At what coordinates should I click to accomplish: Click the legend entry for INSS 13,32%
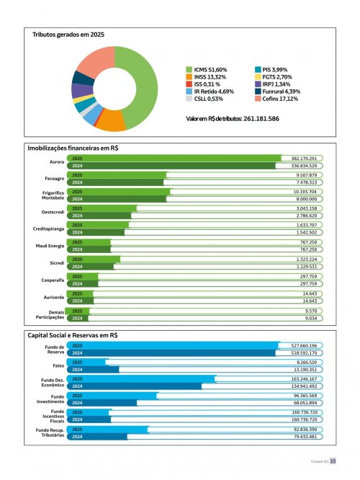(x=209, y=76)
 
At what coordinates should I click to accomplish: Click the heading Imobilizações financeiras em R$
(x=73, y=148)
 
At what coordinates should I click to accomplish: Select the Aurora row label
(x=56, y=161)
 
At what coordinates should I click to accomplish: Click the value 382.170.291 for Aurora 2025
(x=303, y=158)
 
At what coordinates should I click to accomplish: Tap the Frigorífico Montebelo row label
(x=50, y=195)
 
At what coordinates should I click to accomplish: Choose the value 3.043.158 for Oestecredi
(x=306, y=208)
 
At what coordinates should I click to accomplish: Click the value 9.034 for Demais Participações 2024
(x=311, y=317)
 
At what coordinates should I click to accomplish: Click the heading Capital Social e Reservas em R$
(x=72, y=335)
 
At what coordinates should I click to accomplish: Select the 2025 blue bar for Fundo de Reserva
(x=173, y=346)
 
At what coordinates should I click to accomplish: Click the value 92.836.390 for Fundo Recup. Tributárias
(x=304, y=429)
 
